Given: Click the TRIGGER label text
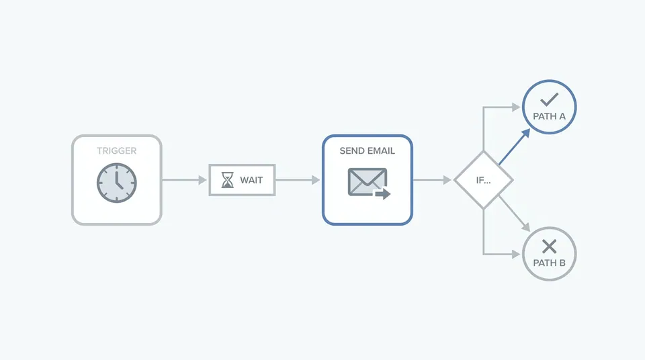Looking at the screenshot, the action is tap(116, 151).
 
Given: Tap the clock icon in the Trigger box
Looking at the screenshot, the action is tap(116, 183).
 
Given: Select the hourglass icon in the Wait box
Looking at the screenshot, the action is tap(228, 180).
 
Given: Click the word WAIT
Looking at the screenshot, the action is tap(251, 180).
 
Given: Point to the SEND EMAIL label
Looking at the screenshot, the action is tap(368, 151).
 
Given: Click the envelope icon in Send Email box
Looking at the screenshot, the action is tap(368, 181).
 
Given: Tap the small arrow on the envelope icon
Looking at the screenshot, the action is tap(382, 193).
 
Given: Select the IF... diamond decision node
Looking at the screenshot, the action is tap(483, 180).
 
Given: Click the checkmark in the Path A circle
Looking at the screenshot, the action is tap(549, 99).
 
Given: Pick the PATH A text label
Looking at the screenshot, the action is tap(549, 116).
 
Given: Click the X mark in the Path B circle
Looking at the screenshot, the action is tap(549, 246).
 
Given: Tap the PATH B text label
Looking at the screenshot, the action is tap(549, 263).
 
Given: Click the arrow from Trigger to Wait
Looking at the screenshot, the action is tap(184, 180).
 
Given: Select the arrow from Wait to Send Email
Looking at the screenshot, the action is tap(298, 180).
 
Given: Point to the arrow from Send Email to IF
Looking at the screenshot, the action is tap(432, 180).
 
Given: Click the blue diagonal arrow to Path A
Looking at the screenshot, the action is tap(514, 146).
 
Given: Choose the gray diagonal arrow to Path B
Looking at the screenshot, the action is tap(514, 214).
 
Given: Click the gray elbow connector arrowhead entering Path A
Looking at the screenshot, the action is tap(516, 107).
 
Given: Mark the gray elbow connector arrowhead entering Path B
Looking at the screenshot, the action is tap(516, 255).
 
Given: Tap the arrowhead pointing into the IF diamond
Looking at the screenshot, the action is tap(447, 180).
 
